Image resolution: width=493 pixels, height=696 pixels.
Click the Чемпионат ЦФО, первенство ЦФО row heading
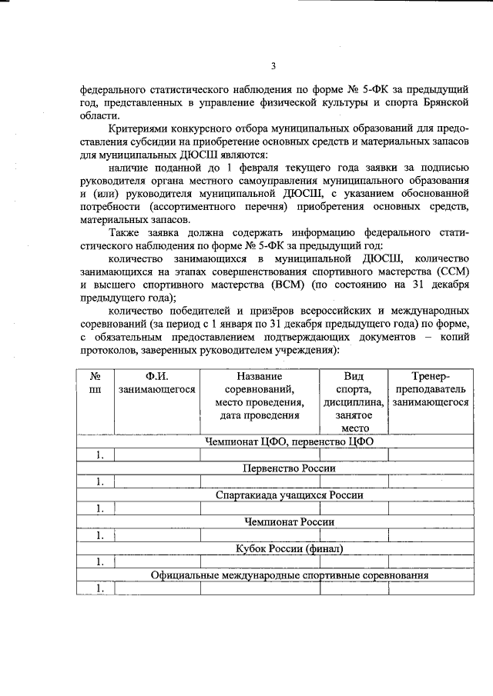[x=290, y=441]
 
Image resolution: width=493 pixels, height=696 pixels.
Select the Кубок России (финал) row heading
[x=290, y=548]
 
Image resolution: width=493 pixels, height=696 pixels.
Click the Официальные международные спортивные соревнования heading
[x=290, y=575]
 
